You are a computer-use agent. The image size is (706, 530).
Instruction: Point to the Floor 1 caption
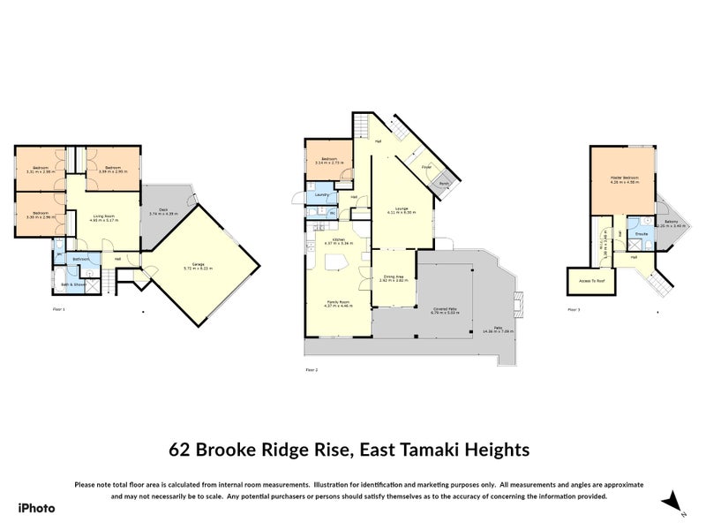[59, 309]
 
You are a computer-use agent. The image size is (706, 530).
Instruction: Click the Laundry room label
[322, 193]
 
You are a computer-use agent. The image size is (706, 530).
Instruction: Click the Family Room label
[334, 301]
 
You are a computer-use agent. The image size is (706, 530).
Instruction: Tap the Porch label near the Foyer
[445, 184]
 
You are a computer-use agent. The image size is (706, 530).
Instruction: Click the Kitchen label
[337, 238]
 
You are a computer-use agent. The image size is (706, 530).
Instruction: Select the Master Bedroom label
[624, 178]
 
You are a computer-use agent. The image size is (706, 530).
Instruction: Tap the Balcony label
[671, 223]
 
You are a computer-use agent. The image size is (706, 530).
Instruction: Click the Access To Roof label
[582, 280]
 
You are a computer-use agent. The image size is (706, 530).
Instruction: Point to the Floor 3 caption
[574, 309]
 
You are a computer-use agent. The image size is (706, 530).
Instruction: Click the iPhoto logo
[37, 508]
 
